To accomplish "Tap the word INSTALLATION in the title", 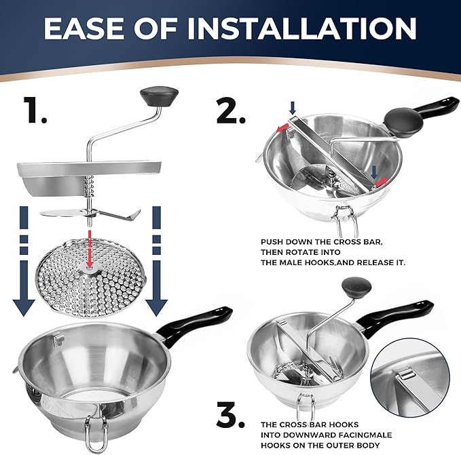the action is coord(302,28).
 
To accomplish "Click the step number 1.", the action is coord(35,110).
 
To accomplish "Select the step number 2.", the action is coord(230,111).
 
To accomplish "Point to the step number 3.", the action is coord(230,414).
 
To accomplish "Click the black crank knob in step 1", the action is coord(159,96).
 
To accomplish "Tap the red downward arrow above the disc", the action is coord(90,249).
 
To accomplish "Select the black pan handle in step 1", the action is coord(195,323).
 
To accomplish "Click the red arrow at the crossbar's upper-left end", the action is coord(282,127).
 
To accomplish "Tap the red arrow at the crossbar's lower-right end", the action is coord(381,182).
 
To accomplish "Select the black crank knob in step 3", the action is coord(356,287).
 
